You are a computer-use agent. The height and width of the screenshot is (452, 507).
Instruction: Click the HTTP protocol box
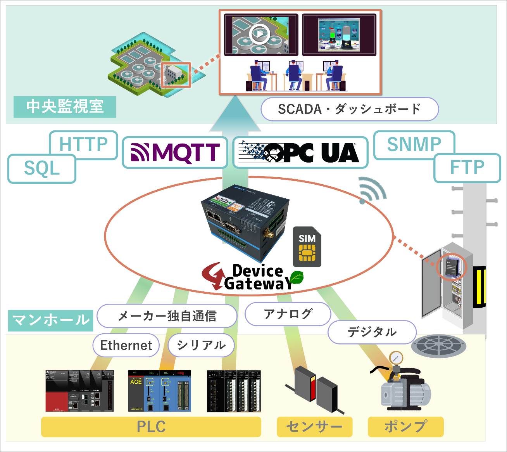pyautogui.click(x=83, y=145)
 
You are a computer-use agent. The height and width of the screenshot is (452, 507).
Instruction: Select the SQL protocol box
pyautogui.click(x=42, y=169)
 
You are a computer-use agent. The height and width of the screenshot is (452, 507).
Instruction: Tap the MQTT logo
pyautogui.click(x=175, y=152)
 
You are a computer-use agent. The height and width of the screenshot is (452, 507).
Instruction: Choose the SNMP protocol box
pyautogui.click(x=414, y=145)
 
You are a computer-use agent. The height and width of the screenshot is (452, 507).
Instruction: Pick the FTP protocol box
pyautogui.click(x=467, y=168)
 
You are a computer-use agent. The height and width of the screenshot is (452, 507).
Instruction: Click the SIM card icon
pyautogui.click(x=307, y=247)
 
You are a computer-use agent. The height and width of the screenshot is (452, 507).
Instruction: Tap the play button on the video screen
pyautogui.click(x=260, y=34)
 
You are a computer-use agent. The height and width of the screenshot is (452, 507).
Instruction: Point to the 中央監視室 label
pyautogui.click(x=65, y=107)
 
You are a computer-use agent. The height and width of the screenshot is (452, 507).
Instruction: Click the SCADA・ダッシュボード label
pyautogui.click(x=350, y=109)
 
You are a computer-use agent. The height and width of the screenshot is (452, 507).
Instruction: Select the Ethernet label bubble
pyautogui.click(x=126, y=345)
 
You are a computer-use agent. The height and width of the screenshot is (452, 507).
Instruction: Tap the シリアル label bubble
pyautogui.click(x=201, y=345)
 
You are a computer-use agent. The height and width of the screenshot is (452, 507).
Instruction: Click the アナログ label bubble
pyautogui.click(x=288, y=314)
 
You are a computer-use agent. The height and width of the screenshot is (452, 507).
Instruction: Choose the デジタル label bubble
pyautogui.click(x=372, y=332)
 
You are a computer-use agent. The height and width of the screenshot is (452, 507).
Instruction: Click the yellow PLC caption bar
pyautogui.click(x=151, y=427)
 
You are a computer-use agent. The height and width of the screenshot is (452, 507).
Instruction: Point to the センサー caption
pyautogui.click(x=314, y=427)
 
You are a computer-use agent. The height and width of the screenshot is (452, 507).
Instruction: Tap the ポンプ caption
pyautogui.click(x=405, y=427)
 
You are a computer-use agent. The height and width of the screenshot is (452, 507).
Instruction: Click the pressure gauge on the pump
pyautogui.click(x=396, y=357)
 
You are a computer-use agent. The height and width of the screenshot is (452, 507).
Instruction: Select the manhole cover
pyautogui.click(x=438, y=345)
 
